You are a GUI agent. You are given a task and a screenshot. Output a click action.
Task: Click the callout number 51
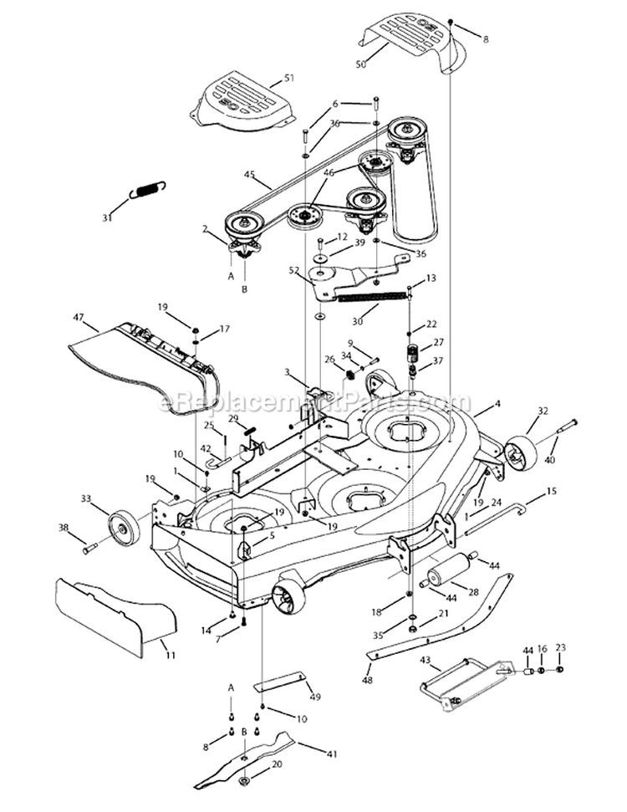click(289, 78)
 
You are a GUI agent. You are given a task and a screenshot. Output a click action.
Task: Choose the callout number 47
click(79, 318)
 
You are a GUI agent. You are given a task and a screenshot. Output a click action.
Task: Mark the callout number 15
click(551, 493)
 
